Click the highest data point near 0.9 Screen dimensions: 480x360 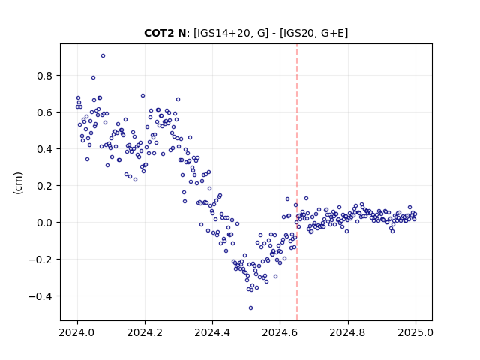(103, 56)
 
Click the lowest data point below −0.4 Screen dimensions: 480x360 (250, 308)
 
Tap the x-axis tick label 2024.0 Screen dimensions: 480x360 (77, 332)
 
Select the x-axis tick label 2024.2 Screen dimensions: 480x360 (145, 332)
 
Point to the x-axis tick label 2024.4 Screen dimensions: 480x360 (212, 332)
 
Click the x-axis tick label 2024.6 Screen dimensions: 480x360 (280, 332)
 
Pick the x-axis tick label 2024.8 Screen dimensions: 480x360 (348, 332)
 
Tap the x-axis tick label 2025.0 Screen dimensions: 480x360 (415, 332)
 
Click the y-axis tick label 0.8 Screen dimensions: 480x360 (44, 76)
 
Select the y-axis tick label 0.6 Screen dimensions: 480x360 (44, 112)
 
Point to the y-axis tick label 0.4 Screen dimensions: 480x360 (44, 149)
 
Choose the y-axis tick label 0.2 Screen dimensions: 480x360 (44, 186)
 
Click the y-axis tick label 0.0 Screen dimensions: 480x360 (44, 223)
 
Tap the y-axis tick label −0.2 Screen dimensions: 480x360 (40, 259)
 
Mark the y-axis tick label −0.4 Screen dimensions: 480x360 (40, 296)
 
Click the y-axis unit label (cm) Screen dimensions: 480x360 (18, 183)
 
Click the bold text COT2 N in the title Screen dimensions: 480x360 (165, 33)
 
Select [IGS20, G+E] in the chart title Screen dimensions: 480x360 (313, 33)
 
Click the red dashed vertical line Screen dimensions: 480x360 (297, 182)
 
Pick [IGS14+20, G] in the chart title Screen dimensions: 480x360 (231, 33)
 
